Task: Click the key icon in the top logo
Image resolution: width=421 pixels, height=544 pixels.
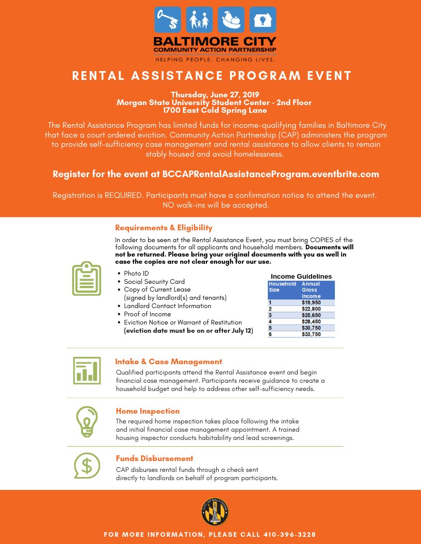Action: pyautogui.click(x=168, y=20)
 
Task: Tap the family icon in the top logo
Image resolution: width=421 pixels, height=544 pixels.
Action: pyautogui.click(x=199, y=20)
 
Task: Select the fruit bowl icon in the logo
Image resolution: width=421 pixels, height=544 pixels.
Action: pyautogui.click(x=231, y=20)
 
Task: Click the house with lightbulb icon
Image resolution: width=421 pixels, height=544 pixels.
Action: pyautogui.click(x=263, y=20)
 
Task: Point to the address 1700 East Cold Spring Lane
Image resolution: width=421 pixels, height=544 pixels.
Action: pyautogui.click(x=215, y=110)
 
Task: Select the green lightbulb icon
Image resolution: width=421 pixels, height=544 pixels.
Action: pyautogui.click(x=86, y=420)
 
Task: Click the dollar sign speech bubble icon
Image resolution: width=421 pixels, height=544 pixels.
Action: pyautogui.click(x=86, y=465)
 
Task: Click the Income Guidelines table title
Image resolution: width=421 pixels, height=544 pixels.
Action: pyautogui.click(x=301, y=276)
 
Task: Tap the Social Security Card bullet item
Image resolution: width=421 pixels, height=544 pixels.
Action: pyautogui.click(x=154, y=282)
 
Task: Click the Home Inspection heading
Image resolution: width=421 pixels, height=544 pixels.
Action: pyautogui.click(x=148, y=411)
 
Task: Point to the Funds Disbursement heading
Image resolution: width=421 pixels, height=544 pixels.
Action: pyautogui.click(x=154, y=458)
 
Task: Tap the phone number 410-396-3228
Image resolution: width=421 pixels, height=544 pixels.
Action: pyautogui.click(x=289, y=534)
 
